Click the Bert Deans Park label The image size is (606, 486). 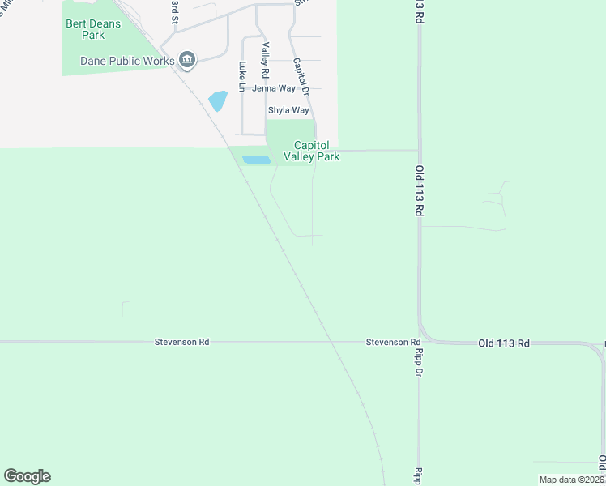tap(93, 29)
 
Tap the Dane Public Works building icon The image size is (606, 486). tap(187, 61)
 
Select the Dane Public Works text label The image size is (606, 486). tap(128, 61)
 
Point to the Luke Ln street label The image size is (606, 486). tap(241, 75)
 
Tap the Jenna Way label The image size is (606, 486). tap(274, 88)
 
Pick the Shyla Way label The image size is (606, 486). tap(288, 110)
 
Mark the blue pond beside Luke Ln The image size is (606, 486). tap(217, 101)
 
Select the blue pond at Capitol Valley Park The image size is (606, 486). tap(256, 160)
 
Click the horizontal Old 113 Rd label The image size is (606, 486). tap(503, 343)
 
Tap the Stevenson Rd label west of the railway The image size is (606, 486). tap(181, 343)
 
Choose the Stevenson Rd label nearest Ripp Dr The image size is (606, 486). tap(392, 343)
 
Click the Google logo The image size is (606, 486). tap(27, 476)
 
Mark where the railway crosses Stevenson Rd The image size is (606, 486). tap(331, 342)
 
